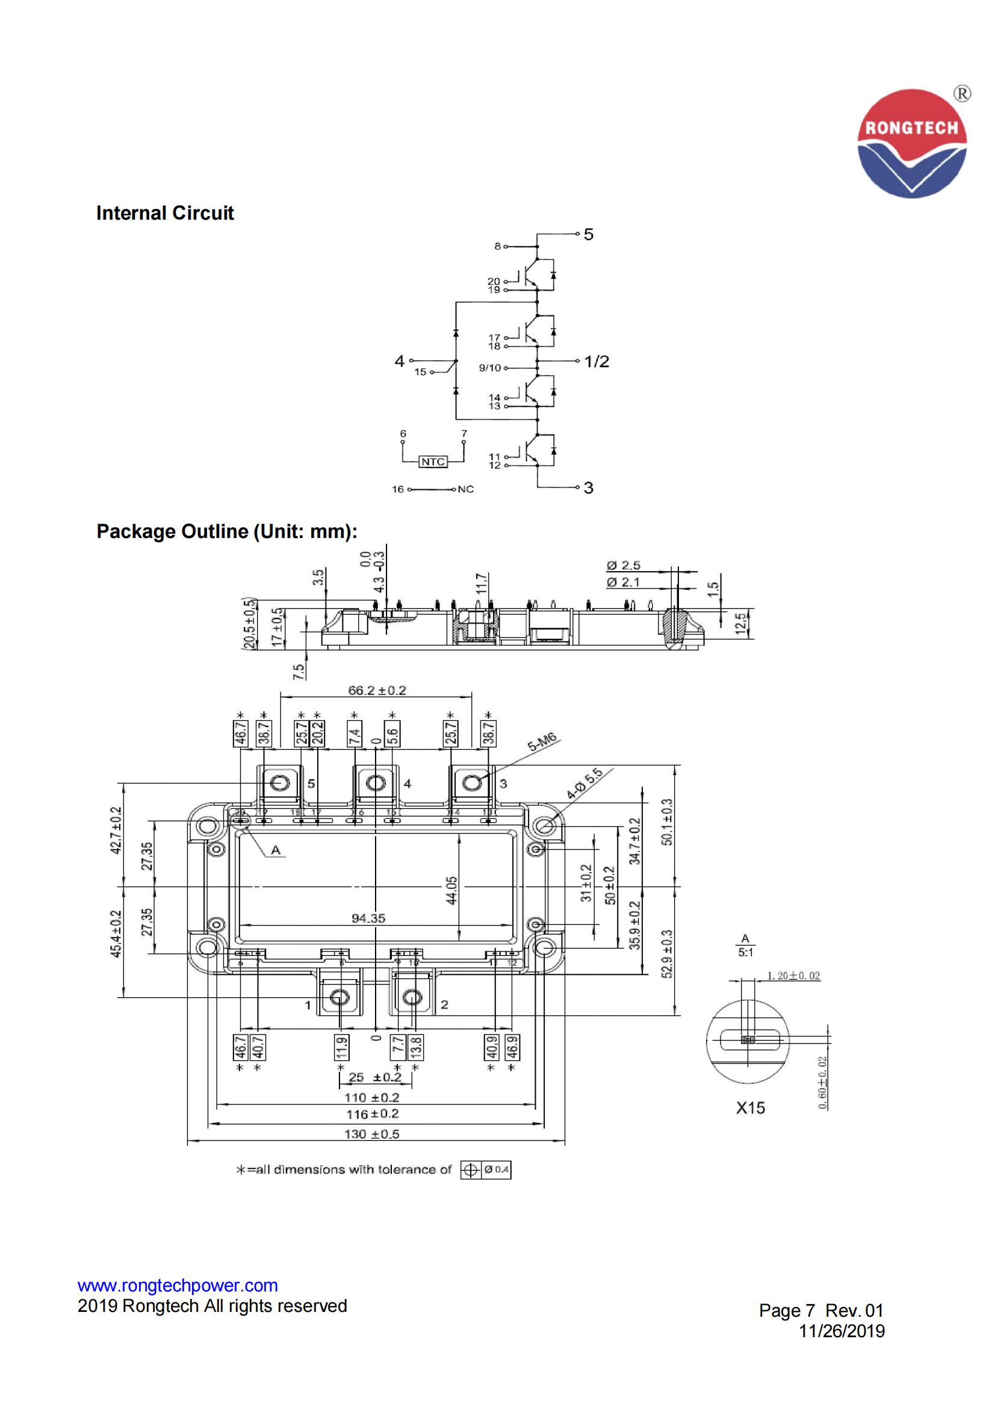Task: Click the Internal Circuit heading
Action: (x=165, y=213)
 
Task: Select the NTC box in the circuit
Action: (x=433, y=462)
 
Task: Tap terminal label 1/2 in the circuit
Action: (x=597, y=362)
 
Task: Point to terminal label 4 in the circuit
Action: (x=399, y=361)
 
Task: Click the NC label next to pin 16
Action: (x=466, y=490)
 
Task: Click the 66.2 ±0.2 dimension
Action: (x=377, y=691)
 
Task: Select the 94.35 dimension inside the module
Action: (x=368, y=918)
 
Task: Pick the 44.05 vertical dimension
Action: (x=452, y=891)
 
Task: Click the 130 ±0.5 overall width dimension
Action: (x=371, y=1134)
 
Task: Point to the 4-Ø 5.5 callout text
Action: (x=584, y=784)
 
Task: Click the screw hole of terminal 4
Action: (x=375, y=783)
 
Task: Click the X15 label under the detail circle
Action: (x=751, y=1108)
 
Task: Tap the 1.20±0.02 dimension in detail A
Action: (x=793, y=976)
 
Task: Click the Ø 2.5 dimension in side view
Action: (x=623, y=566)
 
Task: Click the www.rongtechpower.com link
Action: (x=177, y=1285)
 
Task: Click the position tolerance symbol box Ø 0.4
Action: (x=486, y=1170)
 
